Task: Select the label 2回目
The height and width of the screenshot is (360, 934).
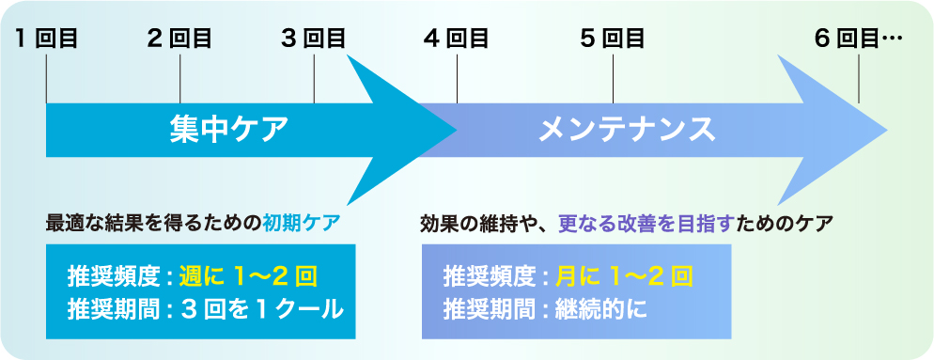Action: [x=179, y=39]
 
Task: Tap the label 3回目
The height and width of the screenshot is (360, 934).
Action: [x=314, y=39]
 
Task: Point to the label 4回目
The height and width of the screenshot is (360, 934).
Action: [x=457, y=39]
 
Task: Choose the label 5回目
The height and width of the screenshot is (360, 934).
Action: [x=612, y=39]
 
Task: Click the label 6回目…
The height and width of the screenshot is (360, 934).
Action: [x=858, y=39]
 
